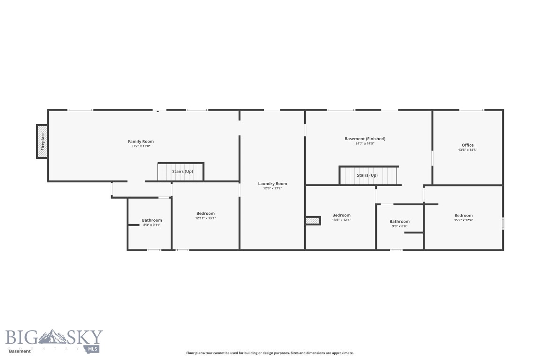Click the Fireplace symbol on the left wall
(x=42, y=142)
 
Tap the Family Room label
(x=141, y=142)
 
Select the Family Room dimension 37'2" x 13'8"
(x=141, y=146)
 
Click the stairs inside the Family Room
(x=180, y=172)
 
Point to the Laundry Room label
(x=272, y=184)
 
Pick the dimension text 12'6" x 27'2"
(x=272, y=188)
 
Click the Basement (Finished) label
(x=365, y=139)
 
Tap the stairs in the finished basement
(x=368, y=175)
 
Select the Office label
(x=467, y=145)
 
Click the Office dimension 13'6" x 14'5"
(x=467, y=150)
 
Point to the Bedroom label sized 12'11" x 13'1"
(x=205, y=213)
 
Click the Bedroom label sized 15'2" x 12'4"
(x=463, y=216)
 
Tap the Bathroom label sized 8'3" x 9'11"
(x=152, y=220)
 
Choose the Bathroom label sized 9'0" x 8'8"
(x=399, y=221)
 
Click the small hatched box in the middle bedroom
(x=313, y=220)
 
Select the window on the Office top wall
(x=472, y=110)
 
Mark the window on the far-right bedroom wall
(x=503, y=223)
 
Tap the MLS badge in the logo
(x=92, y=349)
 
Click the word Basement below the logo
(x=19, y=351)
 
